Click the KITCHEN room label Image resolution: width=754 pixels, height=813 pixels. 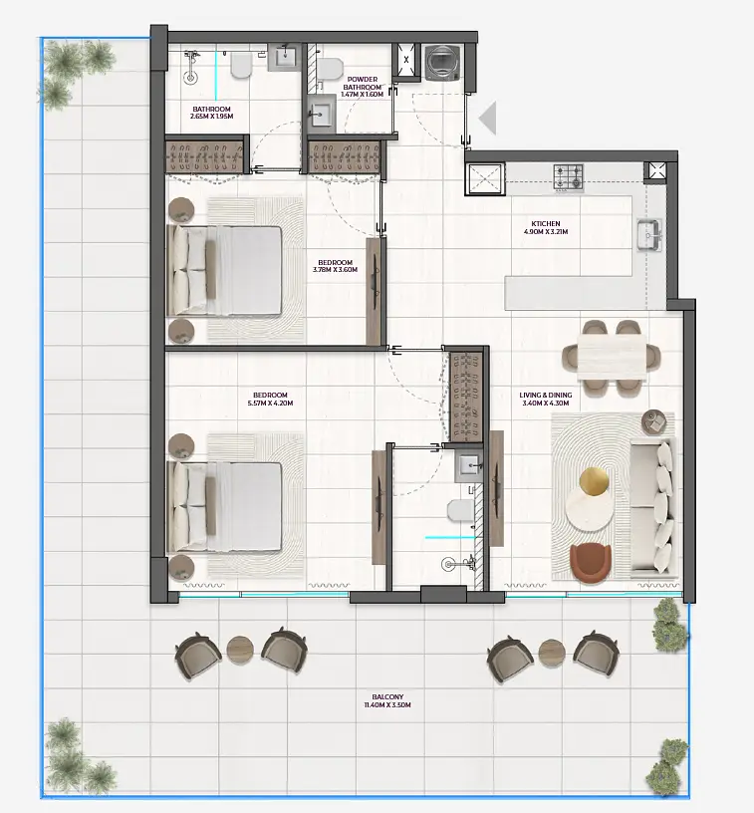point(545,223)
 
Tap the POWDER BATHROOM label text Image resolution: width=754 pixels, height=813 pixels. point(363,83)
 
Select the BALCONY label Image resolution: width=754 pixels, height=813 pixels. point(387,696)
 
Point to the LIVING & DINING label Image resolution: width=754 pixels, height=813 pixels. point(545,396)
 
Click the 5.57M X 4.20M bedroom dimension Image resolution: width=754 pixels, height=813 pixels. point(270,403)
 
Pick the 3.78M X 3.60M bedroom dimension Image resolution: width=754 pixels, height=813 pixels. point(335,270)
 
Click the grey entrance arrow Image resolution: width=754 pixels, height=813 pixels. point(487,119)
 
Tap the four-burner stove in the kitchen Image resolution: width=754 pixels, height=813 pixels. point(569,176)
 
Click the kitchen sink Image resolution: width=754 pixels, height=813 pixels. point(649,235)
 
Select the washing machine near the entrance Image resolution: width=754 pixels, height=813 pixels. point(442,63)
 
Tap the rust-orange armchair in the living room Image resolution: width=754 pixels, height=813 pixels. point(591,563)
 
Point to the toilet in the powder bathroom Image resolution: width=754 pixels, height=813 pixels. point(330,68)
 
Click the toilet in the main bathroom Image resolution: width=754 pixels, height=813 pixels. point(241,67)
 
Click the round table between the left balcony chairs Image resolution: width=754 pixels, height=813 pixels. point(240,649)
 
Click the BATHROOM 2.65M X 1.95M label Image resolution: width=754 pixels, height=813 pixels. point(211,113)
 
